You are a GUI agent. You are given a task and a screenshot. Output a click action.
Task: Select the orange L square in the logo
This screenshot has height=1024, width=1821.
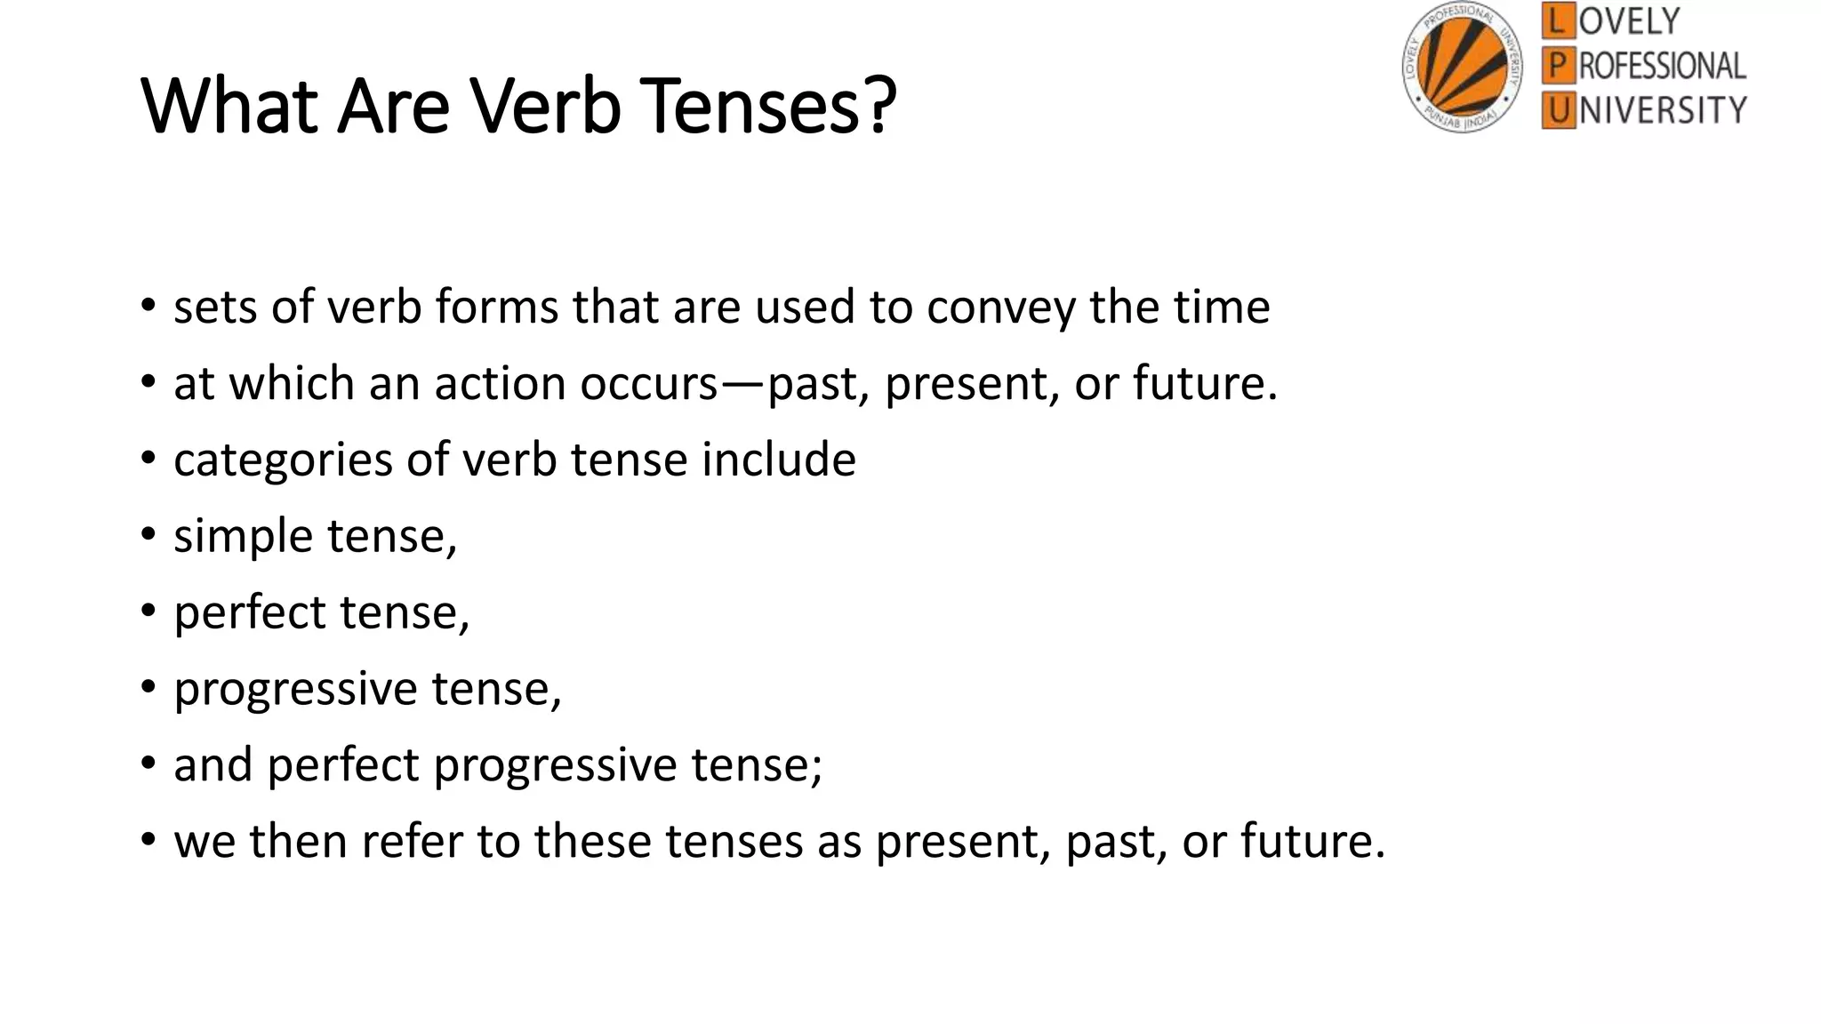1557,20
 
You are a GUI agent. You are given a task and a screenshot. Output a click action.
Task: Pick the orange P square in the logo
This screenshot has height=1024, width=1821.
1557,66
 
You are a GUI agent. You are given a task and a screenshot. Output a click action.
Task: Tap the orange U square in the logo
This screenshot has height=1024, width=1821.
1557,111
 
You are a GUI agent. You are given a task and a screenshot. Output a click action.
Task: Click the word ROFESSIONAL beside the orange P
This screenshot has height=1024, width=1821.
1662,66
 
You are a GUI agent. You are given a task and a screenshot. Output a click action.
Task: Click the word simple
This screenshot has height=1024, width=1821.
243,537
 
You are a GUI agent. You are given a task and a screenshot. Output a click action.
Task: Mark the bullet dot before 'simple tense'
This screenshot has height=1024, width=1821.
148,535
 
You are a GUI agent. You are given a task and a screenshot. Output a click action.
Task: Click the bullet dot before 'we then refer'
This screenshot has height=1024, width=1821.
148,840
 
